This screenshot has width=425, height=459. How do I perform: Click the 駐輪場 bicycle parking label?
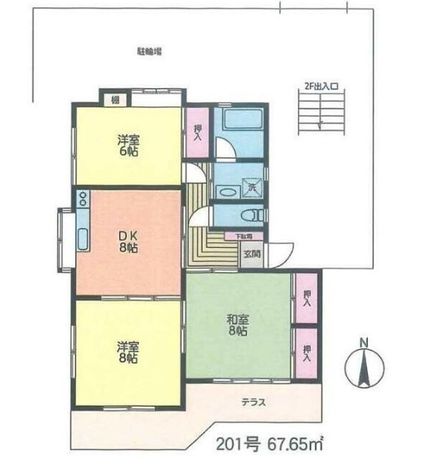click(148, 52)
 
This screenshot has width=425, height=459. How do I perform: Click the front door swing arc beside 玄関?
click(280, 255)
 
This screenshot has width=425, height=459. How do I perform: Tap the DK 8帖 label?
click(127, 239)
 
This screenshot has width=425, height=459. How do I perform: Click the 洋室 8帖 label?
click(127, 352)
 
